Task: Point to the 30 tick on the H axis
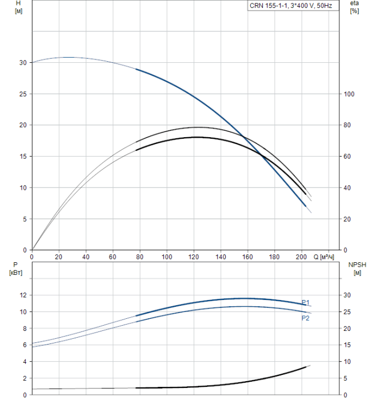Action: point(22,63)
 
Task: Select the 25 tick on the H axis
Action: point(22,94)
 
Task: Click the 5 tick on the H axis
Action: point(24,219)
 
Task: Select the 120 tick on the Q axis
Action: point(193,257)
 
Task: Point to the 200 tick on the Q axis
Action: point(301,257)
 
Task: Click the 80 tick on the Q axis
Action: point(139,257)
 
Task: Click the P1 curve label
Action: point(306,303)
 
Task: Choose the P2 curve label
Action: point(306,318)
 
